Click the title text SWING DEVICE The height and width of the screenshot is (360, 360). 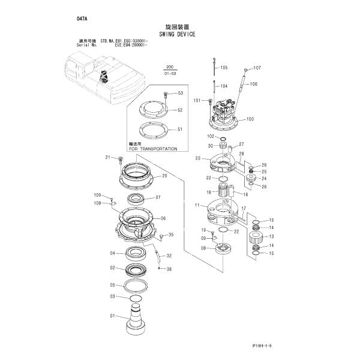point(178,35)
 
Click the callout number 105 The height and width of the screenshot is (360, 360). point(224,68)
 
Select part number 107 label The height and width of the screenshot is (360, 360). point(257,68)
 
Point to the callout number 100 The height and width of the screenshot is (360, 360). point(250,119)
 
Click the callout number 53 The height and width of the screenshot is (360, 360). point(179,93)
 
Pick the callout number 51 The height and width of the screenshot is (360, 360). point(179,129)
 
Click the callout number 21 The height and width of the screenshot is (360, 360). point(109,157)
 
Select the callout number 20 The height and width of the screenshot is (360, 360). point(164,176)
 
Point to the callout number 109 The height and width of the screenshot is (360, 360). point(97,196)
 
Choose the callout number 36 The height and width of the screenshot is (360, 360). point(169,269)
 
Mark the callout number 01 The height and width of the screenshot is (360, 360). point(112,316)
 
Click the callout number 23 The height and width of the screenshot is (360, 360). point(197,158)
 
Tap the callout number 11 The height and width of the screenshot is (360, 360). point(196,206)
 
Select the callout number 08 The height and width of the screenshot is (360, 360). point(203,248)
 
